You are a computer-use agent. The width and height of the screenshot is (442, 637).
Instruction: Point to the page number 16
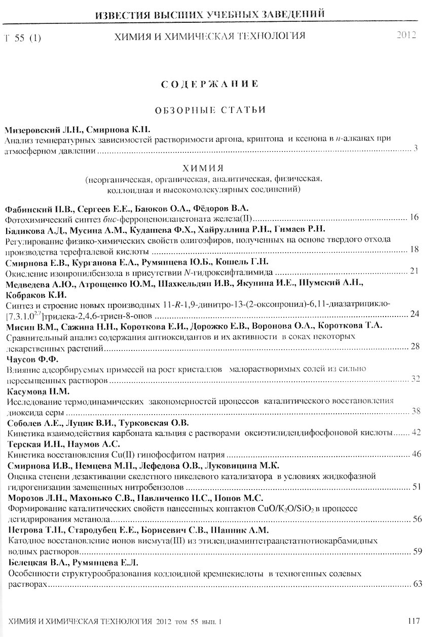point(414,218)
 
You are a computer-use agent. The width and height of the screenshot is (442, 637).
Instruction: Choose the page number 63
point(418,584)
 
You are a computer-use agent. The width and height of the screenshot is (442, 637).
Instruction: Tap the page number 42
point(417,432)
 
